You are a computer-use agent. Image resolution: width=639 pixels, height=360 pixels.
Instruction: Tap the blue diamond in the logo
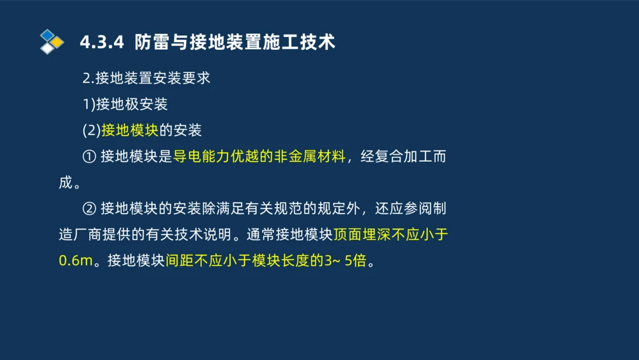[x=47, y=35]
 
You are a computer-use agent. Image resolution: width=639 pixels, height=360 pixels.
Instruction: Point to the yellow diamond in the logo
[x=57, y=42]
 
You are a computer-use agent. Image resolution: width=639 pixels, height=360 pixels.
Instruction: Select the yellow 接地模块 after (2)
[x=130, y=130]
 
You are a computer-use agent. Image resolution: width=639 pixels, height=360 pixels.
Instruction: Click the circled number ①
[x=89, y=157]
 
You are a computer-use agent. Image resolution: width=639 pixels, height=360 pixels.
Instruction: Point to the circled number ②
[x=89, y=208]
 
